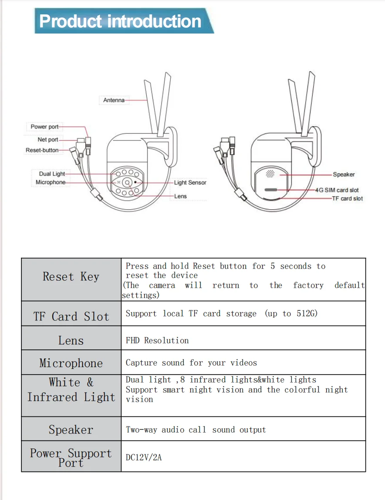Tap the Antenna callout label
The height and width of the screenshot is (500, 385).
(114, 100)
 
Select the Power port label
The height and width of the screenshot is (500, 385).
(44, 127)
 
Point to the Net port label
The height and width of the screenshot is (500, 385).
(48, 140)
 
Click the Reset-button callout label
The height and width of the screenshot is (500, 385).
(42, 150)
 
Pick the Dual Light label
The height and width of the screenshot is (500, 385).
(52, 174)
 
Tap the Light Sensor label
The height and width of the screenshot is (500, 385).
(190, 183)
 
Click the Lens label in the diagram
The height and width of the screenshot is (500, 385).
(180, 196)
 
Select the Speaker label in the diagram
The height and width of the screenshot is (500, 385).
(344, 174)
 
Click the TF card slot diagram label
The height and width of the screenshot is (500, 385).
(347, 198)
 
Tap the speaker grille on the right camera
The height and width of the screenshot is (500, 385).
(270, 173)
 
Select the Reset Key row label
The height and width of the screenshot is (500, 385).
(71, 277)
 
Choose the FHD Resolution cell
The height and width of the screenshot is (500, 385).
(157, 340)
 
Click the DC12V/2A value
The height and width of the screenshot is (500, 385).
(144, 457)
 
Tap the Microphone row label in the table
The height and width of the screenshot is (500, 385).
(71, 363)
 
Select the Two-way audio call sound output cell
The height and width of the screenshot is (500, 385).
(196, 430)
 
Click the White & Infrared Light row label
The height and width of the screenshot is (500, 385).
(71, 390)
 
